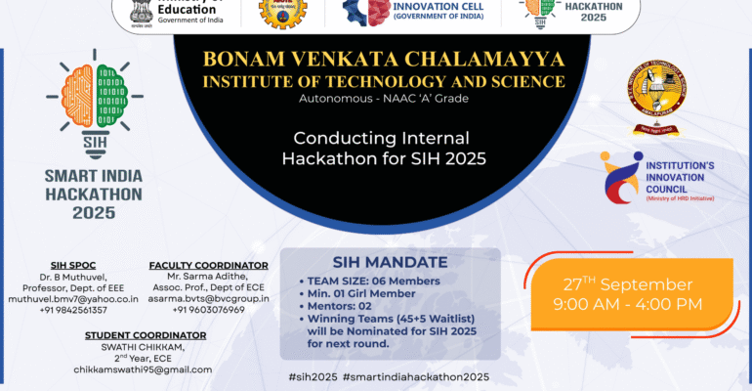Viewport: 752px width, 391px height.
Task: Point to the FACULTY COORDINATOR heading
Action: coord(208,265)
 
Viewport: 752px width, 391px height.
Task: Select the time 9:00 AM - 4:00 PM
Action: coord(628,304)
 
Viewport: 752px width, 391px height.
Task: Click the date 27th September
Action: coord(628,284)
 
